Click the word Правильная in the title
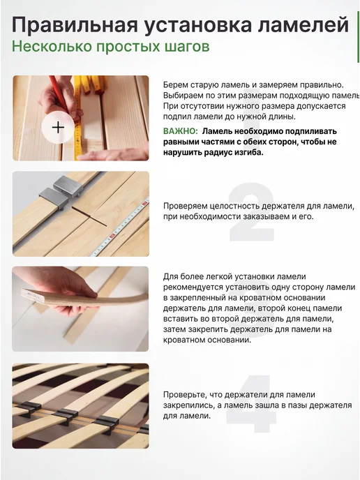(x=75, y=25)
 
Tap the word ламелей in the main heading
(x=303, y=24)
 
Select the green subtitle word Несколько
(x=52, y=47)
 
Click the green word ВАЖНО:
(x=180, y=131)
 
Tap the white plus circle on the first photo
(x=58, y=127)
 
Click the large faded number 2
(x=251, y=211)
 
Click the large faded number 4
(x=251, y=403)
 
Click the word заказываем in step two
(x=266, y=217)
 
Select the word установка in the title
(x=197, y=25)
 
